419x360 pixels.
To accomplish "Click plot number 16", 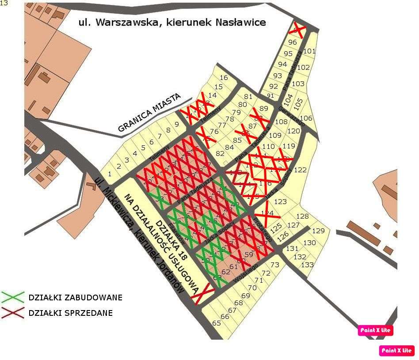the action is (x=224, y=78).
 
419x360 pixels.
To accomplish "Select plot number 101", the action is (x=309, y=51).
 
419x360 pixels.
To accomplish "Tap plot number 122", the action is (x=300, y=170).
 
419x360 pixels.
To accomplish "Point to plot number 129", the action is (x=318, y=231).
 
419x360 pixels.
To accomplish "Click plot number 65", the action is (x=217, y=323).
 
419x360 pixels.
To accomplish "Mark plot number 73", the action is (x=275, y=265).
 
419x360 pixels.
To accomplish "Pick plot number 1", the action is (x=110, y=174).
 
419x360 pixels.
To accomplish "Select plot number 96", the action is (x=292, y=42).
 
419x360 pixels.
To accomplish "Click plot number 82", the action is (x=220, y=153).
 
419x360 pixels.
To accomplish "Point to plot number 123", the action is (x=280, y=202).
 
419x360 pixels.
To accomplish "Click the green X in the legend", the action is (x=13, y=297).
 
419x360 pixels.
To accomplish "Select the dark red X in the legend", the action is (x=13, y=313).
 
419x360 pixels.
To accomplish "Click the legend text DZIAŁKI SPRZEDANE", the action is (x=70, y=313).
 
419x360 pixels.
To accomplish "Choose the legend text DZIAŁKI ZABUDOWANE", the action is (x=75, y=298).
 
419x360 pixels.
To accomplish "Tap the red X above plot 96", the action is (x=299, y=30).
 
